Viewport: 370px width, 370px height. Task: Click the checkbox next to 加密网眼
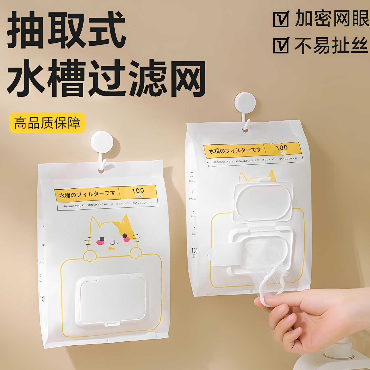pos(281,19)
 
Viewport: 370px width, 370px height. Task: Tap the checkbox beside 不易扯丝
pos(281,45)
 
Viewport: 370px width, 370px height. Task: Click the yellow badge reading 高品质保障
pos(47,123)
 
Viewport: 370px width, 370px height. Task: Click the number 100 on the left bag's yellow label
pos(138,191)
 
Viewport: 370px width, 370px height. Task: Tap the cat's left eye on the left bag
pos(102,238)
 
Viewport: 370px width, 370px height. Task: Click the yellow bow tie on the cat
pos(111,248)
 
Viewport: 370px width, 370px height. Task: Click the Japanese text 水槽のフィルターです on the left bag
pos(87,194)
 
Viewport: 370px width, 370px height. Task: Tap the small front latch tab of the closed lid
pos(113,323)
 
